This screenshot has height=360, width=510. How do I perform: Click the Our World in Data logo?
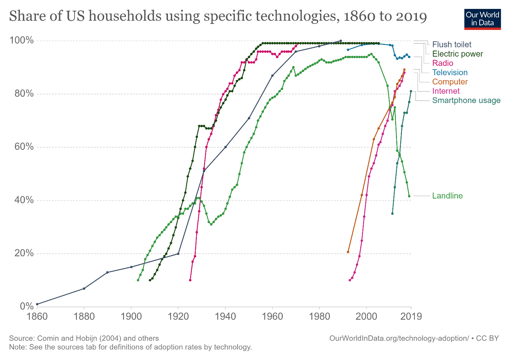(482, 19)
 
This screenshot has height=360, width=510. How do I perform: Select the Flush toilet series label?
(452, 45)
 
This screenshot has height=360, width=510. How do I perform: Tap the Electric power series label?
(457, 54)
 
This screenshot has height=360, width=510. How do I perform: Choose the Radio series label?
(443, 63)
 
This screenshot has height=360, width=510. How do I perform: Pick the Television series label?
(450, 72)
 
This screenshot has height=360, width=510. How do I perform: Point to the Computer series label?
(450, 82)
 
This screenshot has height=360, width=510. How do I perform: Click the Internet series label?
(446, 91)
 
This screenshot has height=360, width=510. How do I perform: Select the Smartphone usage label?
(466, 100)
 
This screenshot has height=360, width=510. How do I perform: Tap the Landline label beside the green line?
(447, 196)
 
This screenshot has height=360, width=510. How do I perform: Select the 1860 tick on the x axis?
(37, 316)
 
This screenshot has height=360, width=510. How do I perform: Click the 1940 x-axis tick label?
(225, 316)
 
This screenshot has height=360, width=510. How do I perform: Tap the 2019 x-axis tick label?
(411, 316)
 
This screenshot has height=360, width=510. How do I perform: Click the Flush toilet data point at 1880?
(84, 288)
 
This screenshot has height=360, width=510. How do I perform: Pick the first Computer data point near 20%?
(348, 252)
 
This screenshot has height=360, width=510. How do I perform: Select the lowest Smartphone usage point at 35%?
(392, 214)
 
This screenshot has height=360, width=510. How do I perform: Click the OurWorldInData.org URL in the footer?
(399, 338)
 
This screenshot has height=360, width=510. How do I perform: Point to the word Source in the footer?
(21, 338)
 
